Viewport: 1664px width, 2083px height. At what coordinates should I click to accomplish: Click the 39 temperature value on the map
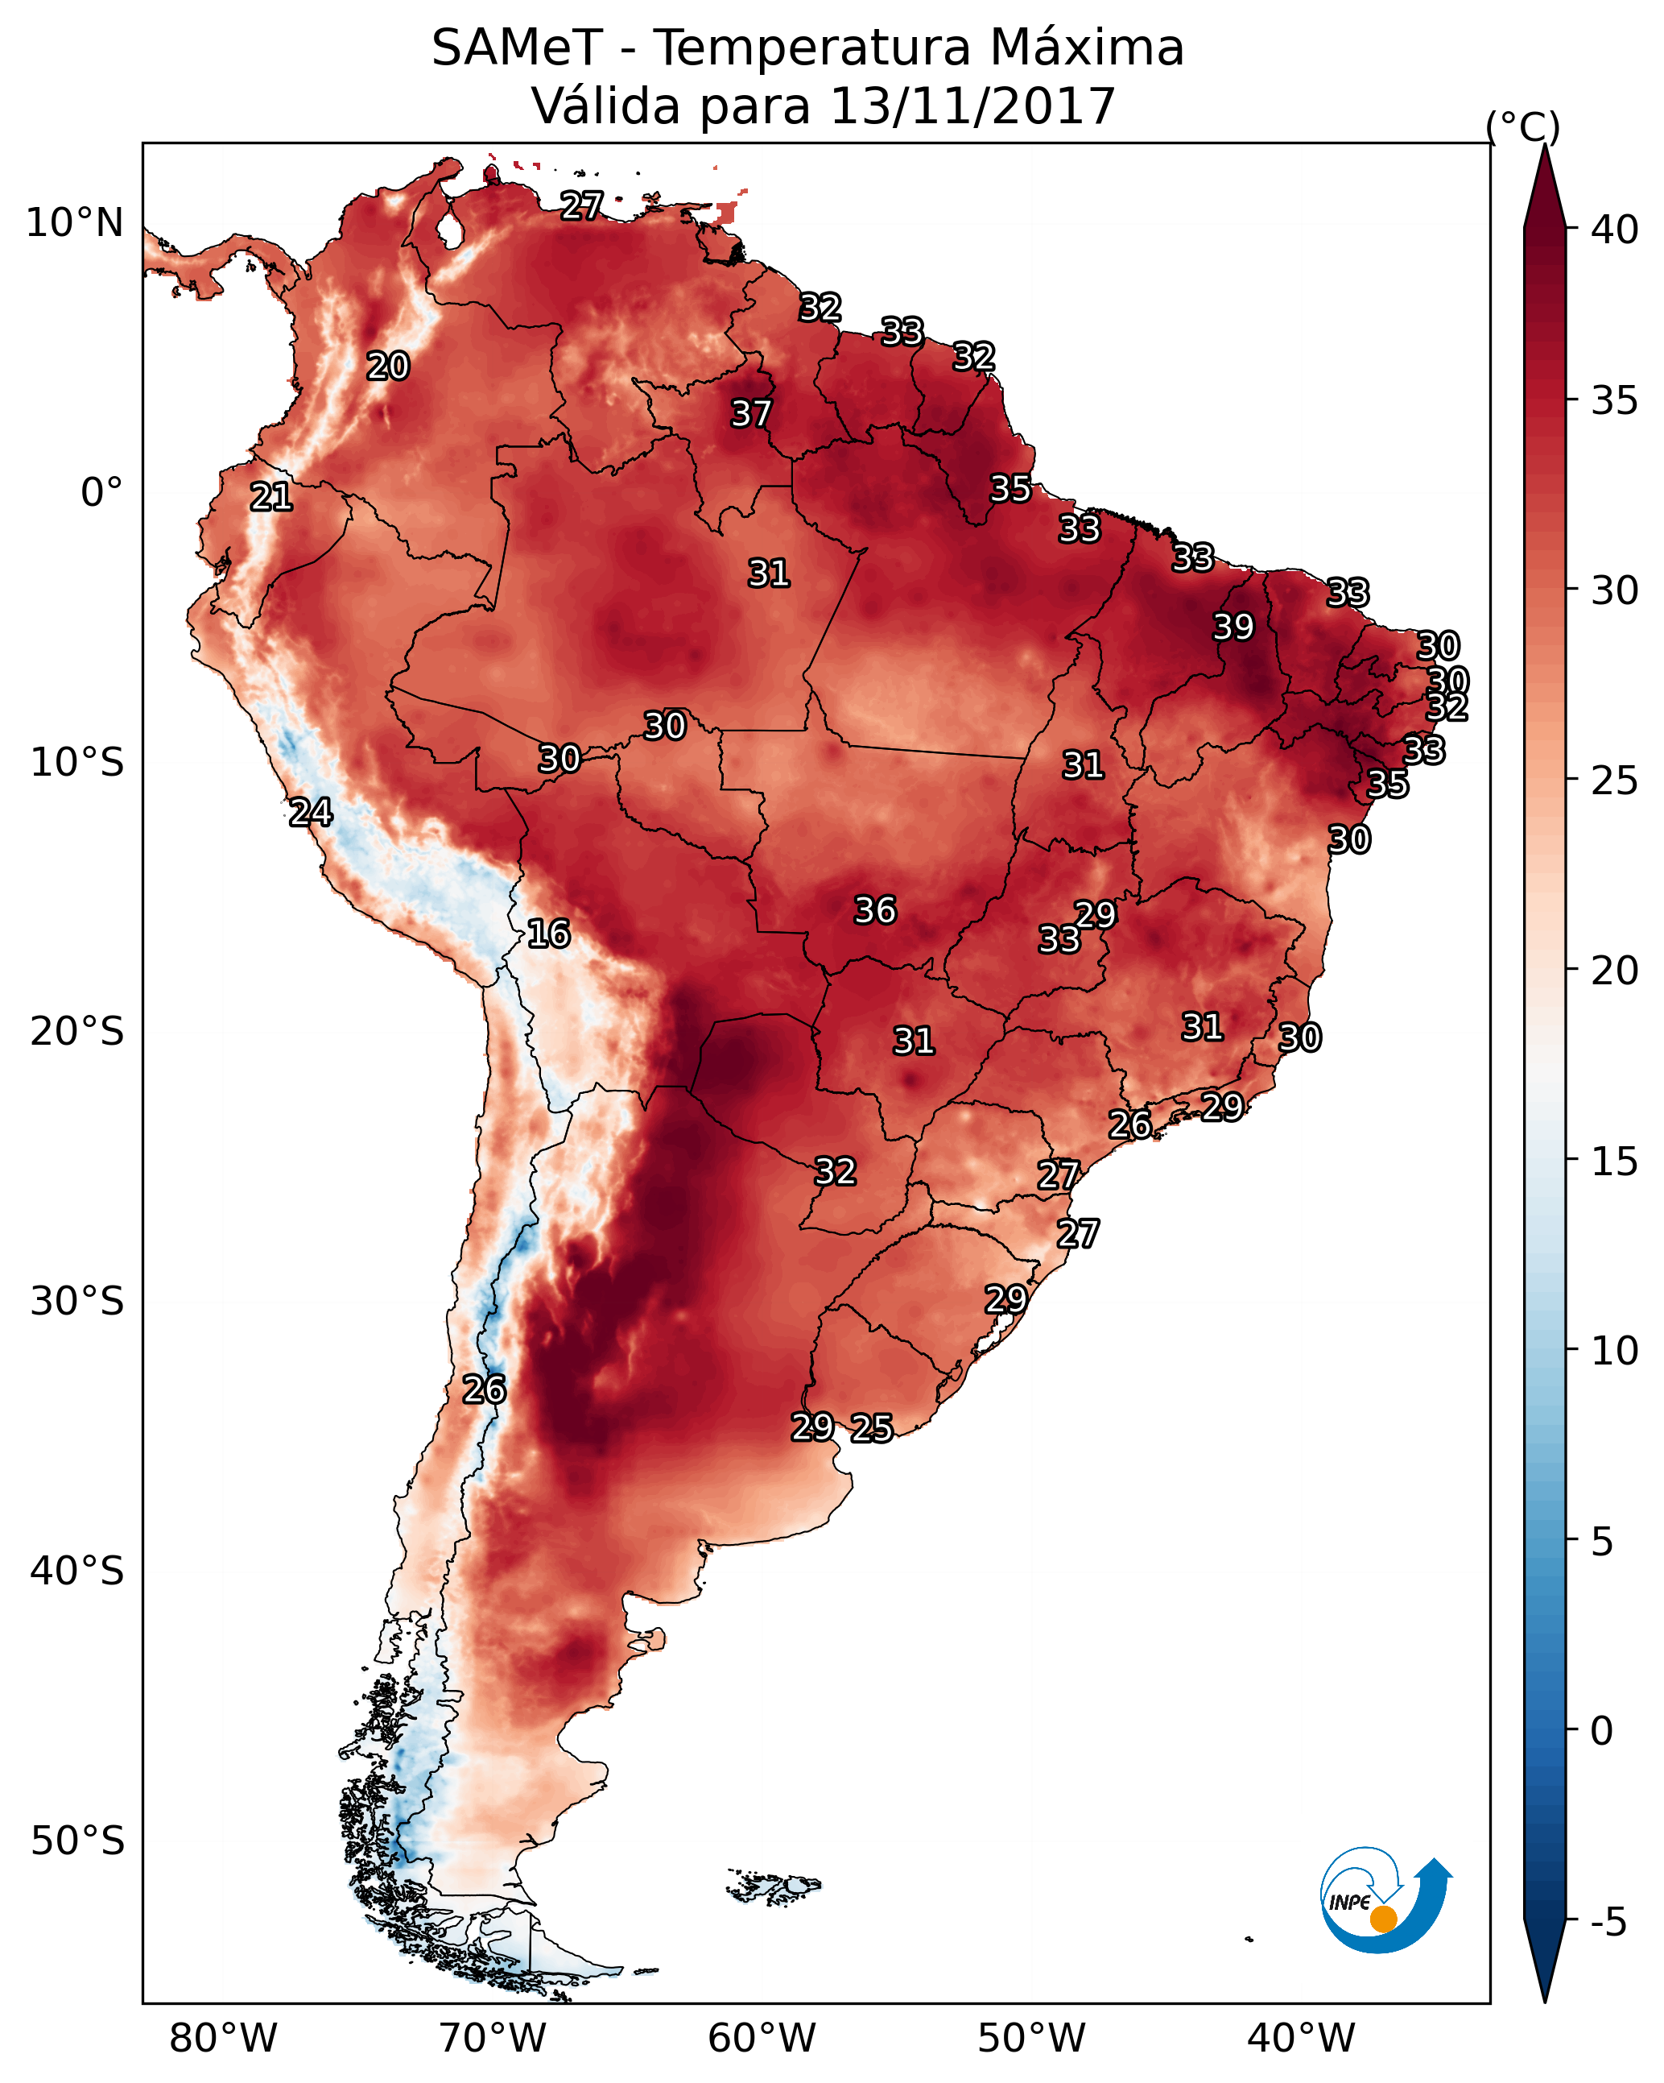click(x=1233, y=627)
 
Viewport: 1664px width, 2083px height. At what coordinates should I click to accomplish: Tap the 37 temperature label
click(x=750, y=413)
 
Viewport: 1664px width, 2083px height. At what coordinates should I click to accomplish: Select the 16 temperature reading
click(x=548, y=934)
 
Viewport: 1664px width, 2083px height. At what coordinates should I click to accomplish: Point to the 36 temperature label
click(x=875, y=910)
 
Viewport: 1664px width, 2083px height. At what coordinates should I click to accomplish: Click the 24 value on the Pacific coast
click(x=311, y=813)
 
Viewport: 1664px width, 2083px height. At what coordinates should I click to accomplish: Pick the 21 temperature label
click(x=271, y=498)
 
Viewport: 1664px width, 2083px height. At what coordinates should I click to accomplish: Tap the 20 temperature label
click(x=388, y=366)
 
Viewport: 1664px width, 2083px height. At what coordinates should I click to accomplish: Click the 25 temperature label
click(x=872, y=1428)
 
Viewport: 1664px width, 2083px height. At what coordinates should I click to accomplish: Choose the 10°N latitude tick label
click(x=74, y=223)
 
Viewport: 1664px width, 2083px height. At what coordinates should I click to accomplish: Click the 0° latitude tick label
click(x=102, y=493)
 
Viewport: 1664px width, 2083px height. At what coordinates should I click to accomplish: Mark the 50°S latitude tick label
click(x=77, y=1841)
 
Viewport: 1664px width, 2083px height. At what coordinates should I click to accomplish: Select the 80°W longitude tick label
click(x=223, y=2039)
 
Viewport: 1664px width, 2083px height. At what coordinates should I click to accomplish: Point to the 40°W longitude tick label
click(x=1301, y=2039)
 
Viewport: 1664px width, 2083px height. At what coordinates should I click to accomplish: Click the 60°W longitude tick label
click(x=762, y=2039)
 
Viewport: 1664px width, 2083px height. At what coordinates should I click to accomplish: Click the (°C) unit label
click(x=1522, y=126)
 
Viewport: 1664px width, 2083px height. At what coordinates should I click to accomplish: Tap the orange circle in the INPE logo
click(x=1383, y=1919)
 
